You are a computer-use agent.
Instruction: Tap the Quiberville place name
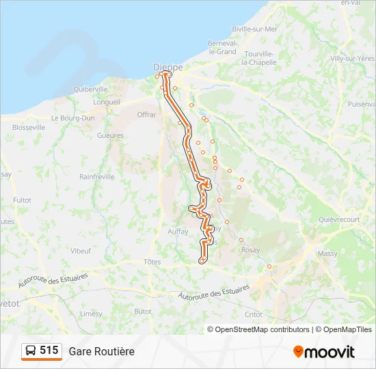91,89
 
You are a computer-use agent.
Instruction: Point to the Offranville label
147,115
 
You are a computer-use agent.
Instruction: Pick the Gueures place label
110,135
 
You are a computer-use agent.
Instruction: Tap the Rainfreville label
96,176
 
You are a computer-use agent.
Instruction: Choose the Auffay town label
178,231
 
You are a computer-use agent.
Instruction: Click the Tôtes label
152,262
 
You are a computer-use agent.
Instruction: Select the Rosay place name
250,250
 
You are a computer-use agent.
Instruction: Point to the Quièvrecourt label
338,219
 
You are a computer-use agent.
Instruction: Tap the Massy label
328,254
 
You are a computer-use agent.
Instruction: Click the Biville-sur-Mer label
255,29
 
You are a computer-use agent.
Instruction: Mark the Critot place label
253,314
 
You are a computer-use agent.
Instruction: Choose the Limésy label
91,314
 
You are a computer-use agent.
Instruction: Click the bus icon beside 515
31,351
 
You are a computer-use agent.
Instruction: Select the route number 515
49,351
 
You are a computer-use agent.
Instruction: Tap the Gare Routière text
101,351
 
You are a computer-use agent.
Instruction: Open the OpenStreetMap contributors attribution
262,329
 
